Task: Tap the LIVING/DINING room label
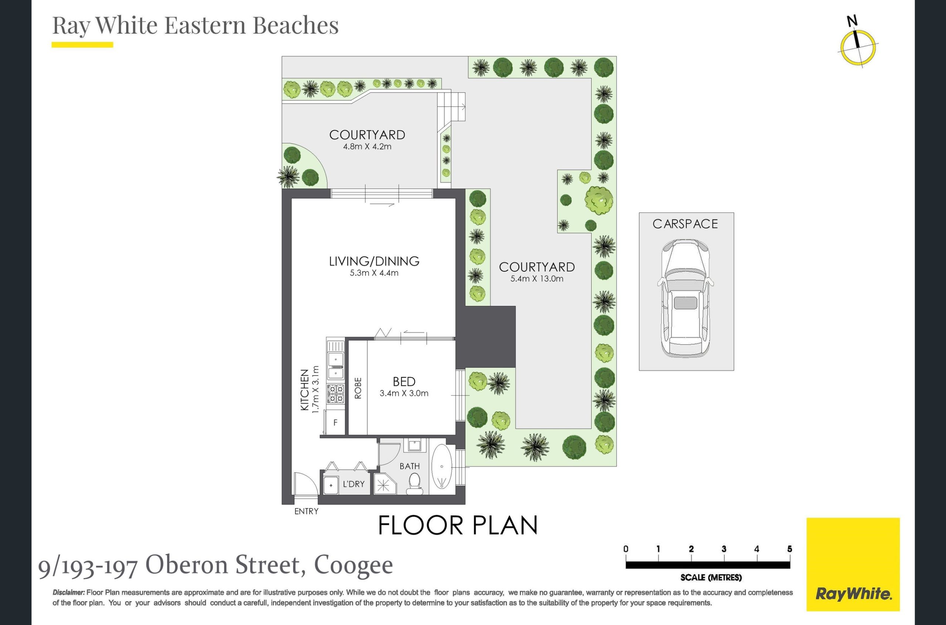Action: (374, 261)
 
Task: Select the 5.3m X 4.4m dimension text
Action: (374, 273)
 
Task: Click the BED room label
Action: (404, 382)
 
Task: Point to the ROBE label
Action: (358, 388)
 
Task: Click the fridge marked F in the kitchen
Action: (335, 422)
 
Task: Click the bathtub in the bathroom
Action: (442, 466)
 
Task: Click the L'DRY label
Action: (353, 484)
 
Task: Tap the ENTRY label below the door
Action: (306, 512)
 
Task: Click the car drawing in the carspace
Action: (685, 298)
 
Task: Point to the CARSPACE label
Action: (685, 224)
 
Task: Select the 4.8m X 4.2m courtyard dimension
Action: (367, 147)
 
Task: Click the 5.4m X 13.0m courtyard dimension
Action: (537, 279)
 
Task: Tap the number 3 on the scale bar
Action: (724, 549)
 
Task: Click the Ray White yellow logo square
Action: (853, 564)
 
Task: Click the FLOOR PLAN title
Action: (458, 525)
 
